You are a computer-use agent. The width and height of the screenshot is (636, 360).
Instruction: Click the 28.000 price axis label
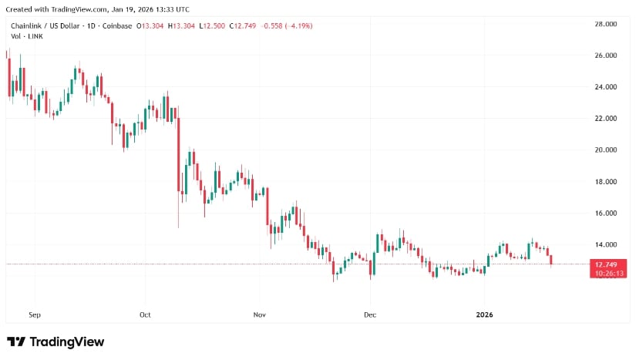point(605,25)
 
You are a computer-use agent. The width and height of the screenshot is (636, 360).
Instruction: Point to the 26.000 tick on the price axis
point(605,56)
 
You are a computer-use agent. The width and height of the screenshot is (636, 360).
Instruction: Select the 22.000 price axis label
point(605,119)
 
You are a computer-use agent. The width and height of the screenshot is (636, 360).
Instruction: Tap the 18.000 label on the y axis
point(605,182)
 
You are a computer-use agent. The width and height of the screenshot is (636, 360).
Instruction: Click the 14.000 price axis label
point(605,245)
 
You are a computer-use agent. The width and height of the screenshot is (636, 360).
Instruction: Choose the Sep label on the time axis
point(34,315)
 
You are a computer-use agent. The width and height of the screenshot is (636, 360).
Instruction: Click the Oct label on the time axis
point(145,315)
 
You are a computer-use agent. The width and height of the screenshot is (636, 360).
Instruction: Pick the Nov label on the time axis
point(260,315)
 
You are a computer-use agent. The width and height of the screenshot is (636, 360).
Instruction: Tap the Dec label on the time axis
point(370,315)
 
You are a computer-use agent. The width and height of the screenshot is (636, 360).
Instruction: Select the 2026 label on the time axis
point(485,315)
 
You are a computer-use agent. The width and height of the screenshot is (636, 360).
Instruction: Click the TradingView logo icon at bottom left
point(16,341)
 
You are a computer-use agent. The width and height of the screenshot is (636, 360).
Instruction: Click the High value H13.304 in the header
point(182,26)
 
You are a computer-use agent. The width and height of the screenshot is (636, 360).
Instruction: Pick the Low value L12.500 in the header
point(214,26)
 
